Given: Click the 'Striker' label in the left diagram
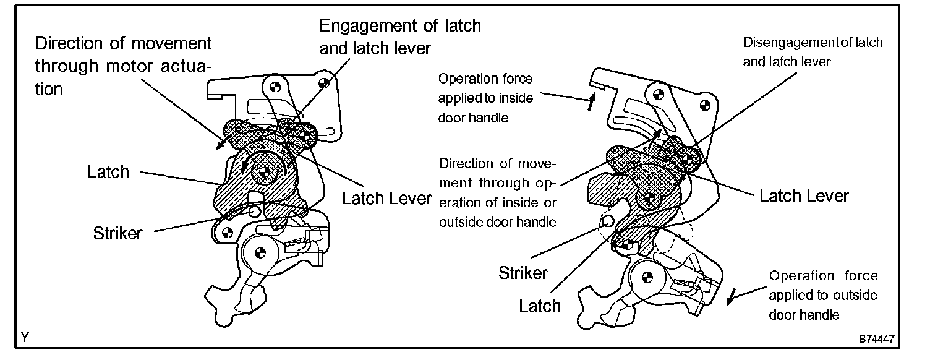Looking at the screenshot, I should pos(117,233).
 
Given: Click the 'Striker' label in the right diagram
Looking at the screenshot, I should pos(523,272).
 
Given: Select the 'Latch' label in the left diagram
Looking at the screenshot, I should pos(108,171).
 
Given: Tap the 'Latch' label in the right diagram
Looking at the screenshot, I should pos(540,305).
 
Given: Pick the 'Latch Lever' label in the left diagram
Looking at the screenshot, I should pos(386,198).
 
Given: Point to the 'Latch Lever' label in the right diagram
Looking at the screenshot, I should pos(804,196).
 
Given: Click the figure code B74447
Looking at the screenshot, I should pos(876,340).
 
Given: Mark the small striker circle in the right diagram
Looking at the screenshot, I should pos(607,220).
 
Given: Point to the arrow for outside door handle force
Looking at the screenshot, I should pos(733,298).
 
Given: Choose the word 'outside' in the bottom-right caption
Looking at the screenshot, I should pos(857,295).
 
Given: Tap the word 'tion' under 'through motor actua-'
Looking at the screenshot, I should pos(49,88).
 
